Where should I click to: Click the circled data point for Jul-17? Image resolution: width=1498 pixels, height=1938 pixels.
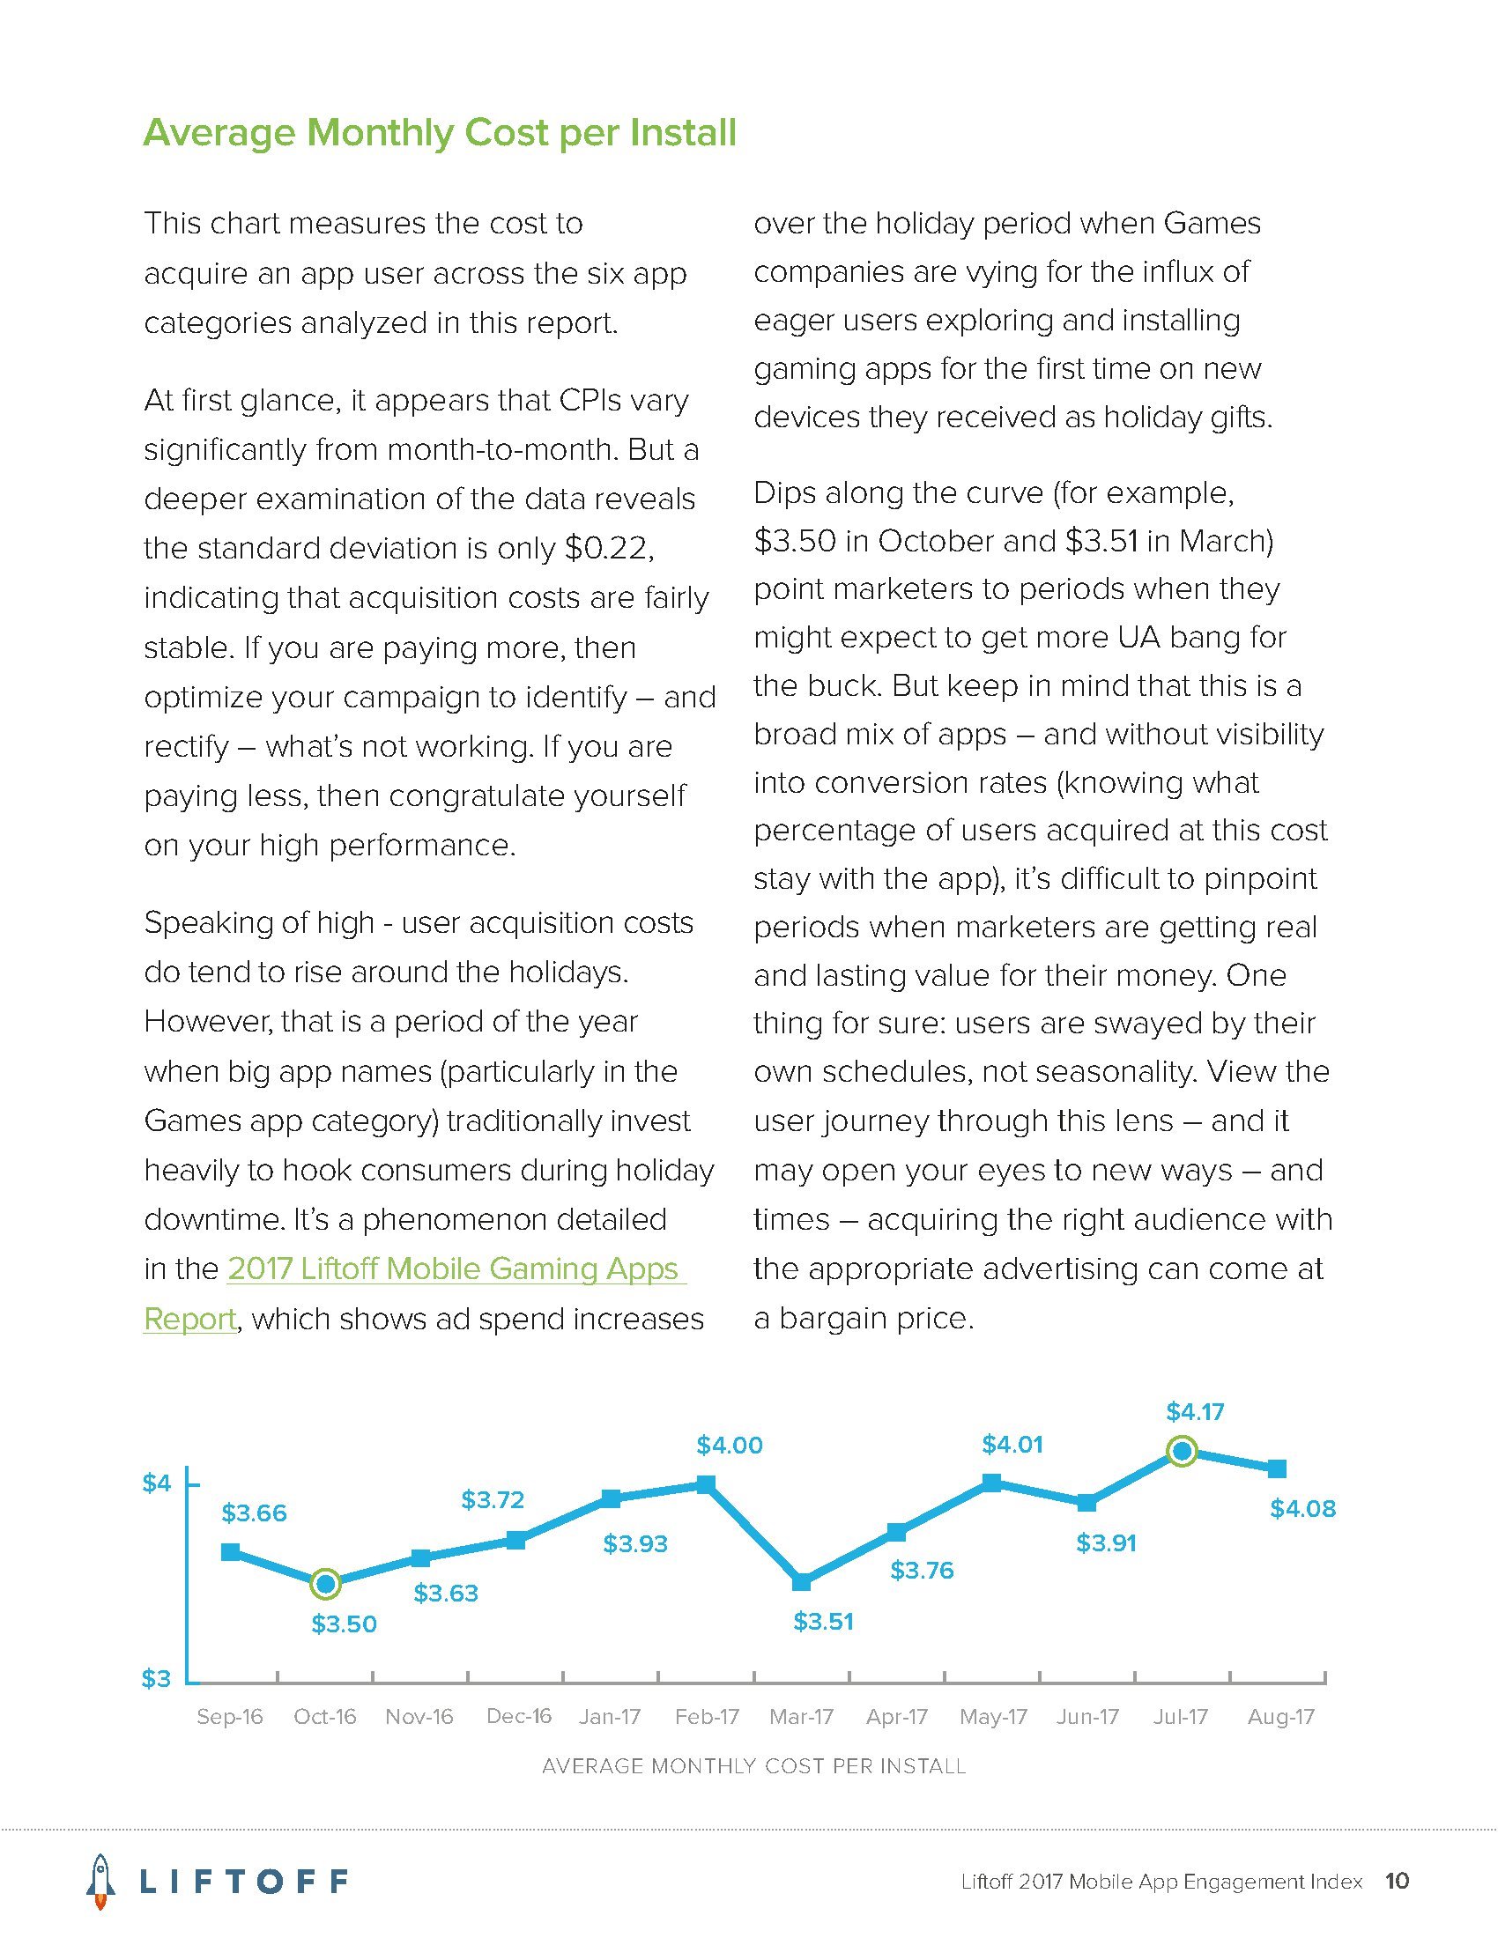click(x=1182, y=1451)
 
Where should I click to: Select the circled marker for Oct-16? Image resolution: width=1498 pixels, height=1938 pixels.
click(x=326, y=1582)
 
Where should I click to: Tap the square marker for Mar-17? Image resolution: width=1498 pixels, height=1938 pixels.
click(x=801, y=1581)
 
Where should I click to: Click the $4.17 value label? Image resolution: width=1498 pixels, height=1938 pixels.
click(x=1195, y=1411)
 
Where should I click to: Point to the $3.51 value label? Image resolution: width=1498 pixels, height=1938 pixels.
click(x=823, y=1621)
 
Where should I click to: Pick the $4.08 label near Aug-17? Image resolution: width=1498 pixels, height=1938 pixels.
click(x=1301, y=1508)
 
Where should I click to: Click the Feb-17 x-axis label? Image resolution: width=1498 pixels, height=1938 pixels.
click(x=707, y=1717)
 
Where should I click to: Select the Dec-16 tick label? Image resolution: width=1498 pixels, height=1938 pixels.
click(x=518, y=1716)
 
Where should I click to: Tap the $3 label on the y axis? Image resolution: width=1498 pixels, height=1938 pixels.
click(x=156, y=1679)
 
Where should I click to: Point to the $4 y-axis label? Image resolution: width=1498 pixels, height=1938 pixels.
click(x=156, y=1483)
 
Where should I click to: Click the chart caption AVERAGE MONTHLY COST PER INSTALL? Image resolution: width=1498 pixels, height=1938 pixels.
click(x=753, y=1766)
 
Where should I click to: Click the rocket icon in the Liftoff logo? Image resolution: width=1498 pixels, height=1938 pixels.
click(x=102, y=1881)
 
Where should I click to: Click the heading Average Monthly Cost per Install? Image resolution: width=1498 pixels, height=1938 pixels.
click(x=440, y=133)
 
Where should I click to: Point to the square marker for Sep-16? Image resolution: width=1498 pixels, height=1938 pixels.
click(x=230, y=1551)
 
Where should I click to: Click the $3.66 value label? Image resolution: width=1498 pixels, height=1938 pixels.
click(x=254, y=1513)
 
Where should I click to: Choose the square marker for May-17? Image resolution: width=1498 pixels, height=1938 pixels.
click(x=992, y=1482)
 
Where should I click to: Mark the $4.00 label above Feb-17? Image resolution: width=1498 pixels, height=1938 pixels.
click(x=730, y=1445)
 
